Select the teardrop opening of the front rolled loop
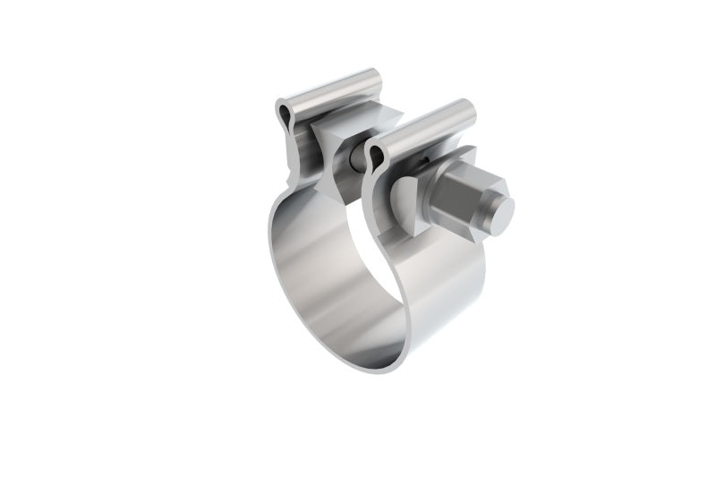(x=377, y=158)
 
